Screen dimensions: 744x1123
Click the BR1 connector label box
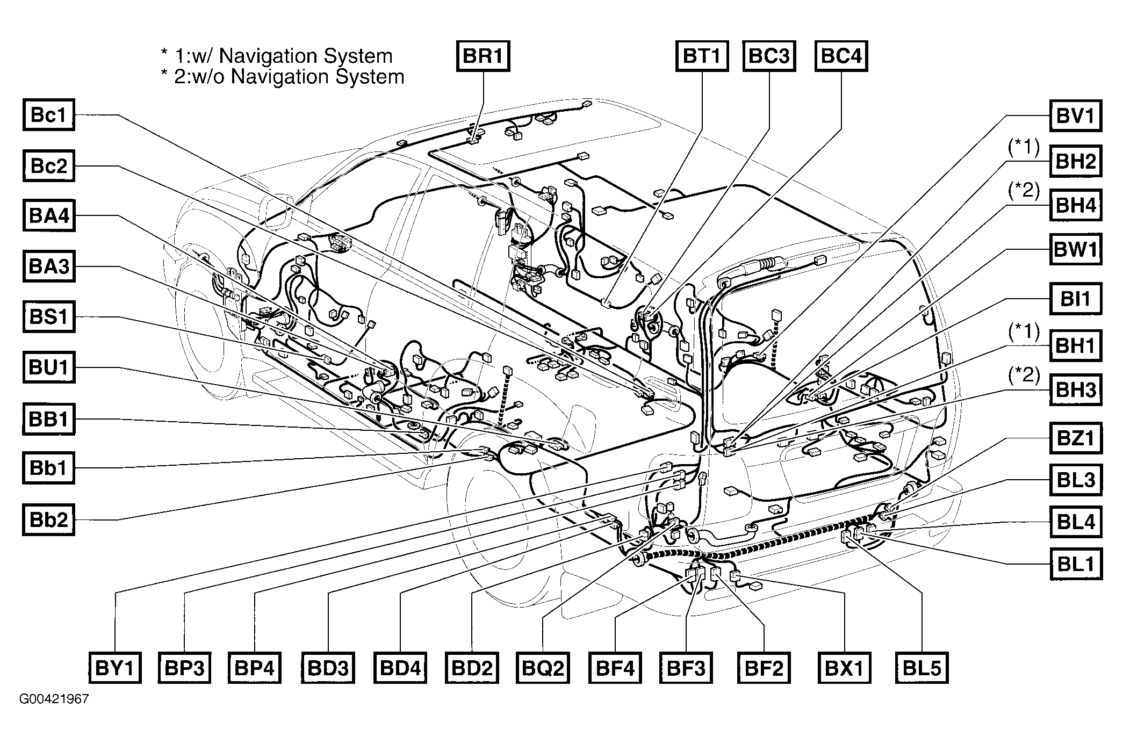[x=483, y=56]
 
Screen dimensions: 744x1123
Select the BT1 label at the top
[x=702, y=56]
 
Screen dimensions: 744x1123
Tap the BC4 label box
[x=841, y=56]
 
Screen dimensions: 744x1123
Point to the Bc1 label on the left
[x=48, y=115]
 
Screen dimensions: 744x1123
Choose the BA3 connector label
[x=49, y=266]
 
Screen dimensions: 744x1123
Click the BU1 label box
[x=49, y=368]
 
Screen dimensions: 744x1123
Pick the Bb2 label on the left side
[x=48, y=520]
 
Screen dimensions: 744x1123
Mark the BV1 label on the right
[x=1075, y=116]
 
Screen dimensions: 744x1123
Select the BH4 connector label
[x=1075, y=205]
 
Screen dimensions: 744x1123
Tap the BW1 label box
[x=1075, y=249]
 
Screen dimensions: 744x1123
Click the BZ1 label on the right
[x=1075, y=438]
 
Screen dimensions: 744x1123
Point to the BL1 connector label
[x=1075, y=564]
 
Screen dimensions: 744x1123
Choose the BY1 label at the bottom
[x=114, y=668]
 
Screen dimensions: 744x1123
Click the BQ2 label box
[x=543, y=668]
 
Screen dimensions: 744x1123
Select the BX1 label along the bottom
[x=844, y=668]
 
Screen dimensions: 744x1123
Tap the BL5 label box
[x=922, y=668]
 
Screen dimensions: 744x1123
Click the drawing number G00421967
[x=54, y=699]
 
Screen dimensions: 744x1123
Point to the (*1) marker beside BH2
[x=1024, y=147]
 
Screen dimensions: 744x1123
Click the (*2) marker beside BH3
[x=1024, y=374]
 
